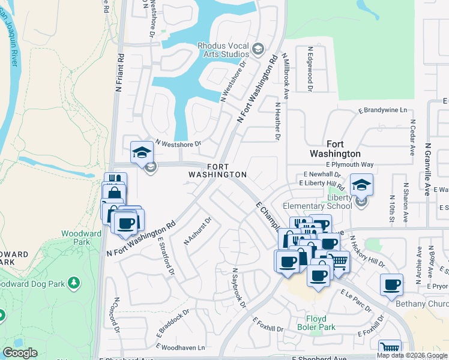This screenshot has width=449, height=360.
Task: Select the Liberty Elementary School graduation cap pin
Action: tap(361, 185)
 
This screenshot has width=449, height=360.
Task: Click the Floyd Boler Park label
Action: tap(312, 323)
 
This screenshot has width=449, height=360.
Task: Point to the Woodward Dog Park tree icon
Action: tap(74, 281)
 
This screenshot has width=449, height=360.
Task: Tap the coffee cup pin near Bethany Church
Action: tap(392, 286)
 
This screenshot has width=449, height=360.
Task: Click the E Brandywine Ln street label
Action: tap(382, 110)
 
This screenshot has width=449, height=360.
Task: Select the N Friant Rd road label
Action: tap(119, 73)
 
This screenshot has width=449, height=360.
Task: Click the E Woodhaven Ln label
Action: tap(184, 347)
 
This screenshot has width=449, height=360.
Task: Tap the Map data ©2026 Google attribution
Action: tap(412, 355)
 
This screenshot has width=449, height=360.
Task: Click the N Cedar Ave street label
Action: tap(413, 137)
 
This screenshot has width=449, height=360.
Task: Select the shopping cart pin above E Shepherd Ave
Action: tap(390, 347)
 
